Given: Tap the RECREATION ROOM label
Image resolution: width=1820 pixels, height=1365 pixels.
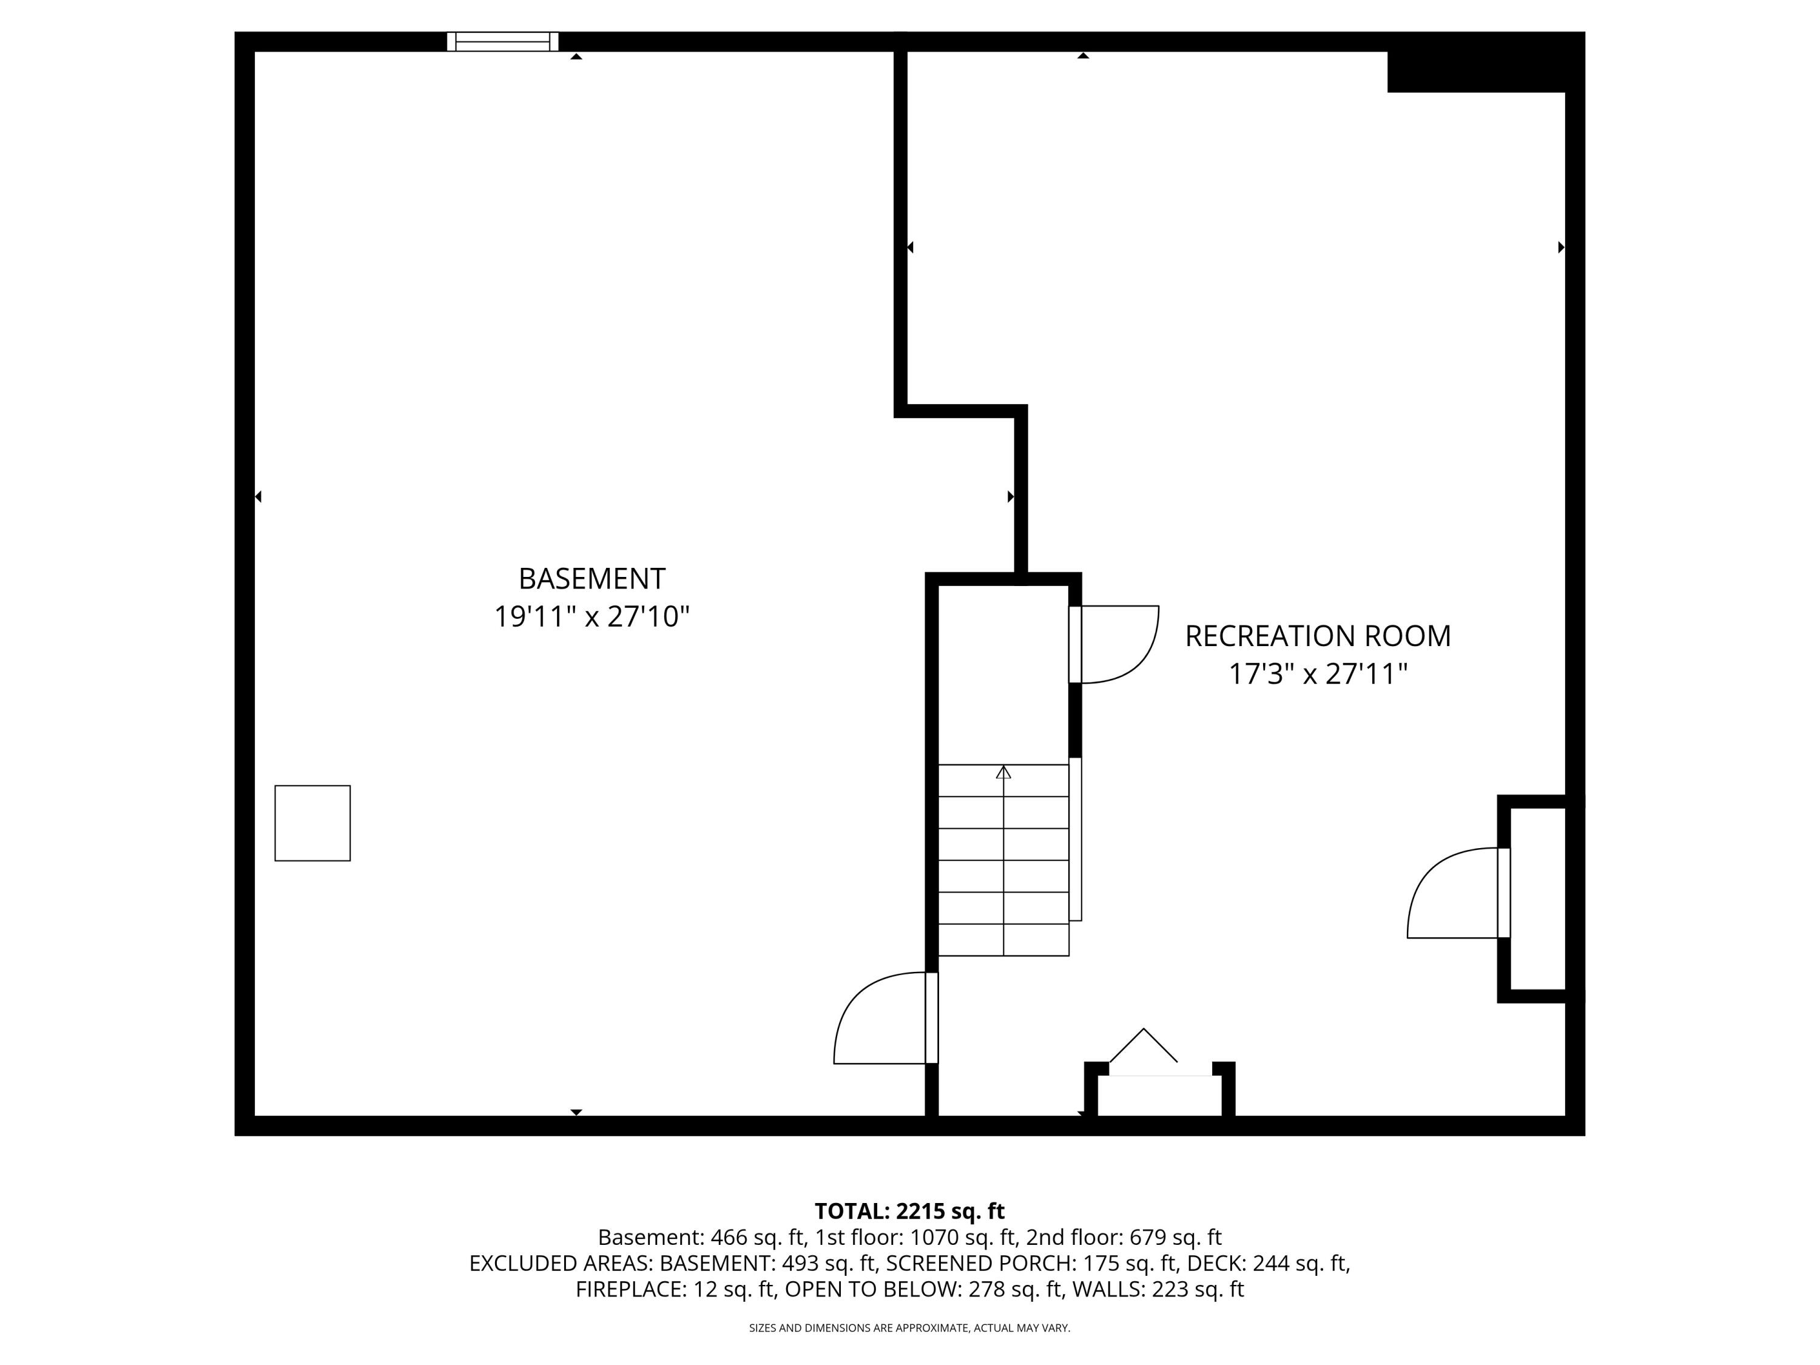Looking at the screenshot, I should (1317, 636).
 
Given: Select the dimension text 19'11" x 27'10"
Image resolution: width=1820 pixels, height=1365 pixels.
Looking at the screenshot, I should (591, 617).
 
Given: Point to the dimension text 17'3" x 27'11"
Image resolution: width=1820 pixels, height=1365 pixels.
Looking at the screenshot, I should (1317, 675).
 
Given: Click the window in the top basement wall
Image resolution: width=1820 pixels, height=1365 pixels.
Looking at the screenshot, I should (503, 41).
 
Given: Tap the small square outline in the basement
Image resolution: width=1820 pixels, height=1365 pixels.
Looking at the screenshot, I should (312, 823).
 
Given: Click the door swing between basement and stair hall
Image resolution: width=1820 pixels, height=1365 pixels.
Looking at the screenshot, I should (880, 1020).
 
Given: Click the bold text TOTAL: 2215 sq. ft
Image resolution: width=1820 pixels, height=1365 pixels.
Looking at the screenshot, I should (909, 1211).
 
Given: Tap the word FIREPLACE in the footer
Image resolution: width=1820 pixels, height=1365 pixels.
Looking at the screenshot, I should (630, 1289).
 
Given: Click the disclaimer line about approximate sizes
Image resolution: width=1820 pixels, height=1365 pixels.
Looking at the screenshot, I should (909, 1327).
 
